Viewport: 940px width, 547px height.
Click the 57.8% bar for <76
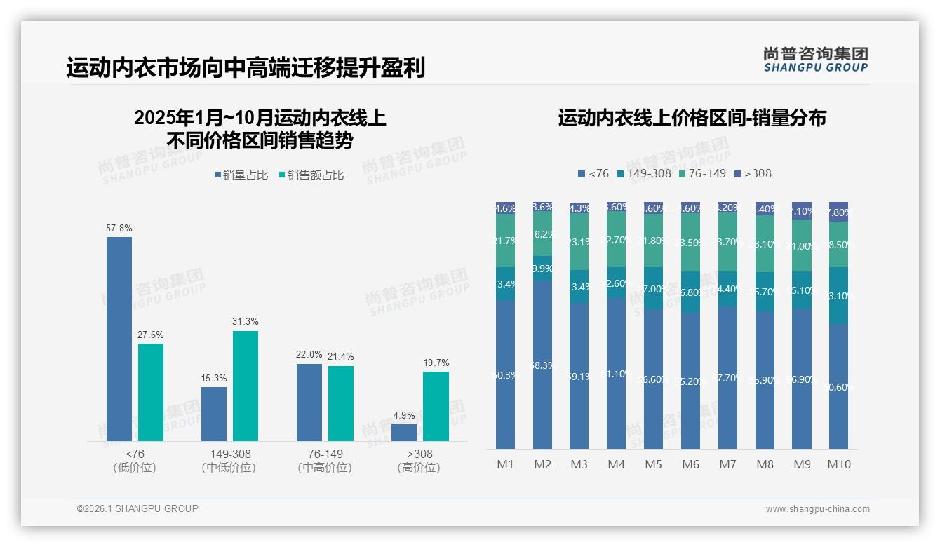pyautogui.click(x=119, y=339)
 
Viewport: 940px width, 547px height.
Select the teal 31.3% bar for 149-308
pyautogui.click(x=246, y=386)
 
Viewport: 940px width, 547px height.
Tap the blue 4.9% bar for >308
pyautogui.click(x=404, y=433)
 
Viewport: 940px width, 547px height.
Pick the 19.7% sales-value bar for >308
pyautogui.click(x=436, y=406)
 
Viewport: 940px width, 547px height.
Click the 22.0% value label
pyautogui.click(x=309, y=355)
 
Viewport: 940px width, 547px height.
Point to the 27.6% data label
pyautogui.click(x=150, y=335)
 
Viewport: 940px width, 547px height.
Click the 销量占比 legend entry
pyautogui.click(x=241, y=175)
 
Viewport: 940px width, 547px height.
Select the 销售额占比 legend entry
pyautogui.click(x=311, y=175)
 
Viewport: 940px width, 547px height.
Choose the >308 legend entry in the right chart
pyautogui.click(x=753, y=173)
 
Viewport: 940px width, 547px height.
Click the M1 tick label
pyautogui.click(x=505, y=464)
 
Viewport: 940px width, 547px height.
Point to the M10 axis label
pyautogui.click(x=839, y=464)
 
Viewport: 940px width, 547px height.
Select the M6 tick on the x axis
pyautogui.click(x=690, y=464)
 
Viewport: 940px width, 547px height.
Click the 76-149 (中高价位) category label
pyautogui.click(x=325, y=461)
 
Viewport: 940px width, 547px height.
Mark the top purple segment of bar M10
pyautogui.click(x=838, y=212)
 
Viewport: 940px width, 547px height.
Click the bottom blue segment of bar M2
pyautogui.click(x=542, y=365)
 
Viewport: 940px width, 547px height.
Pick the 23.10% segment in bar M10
pyautogui.click(x=838, y=295)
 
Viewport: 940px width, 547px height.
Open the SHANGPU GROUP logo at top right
pyautogui.click(x=815, y=60)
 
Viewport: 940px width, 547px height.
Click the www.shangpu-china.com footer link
pyautogui.click(x=817, y=509)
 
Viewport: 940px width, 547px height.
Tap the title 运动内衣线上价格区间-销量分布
pyautogui.click(x=692, y=118)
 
